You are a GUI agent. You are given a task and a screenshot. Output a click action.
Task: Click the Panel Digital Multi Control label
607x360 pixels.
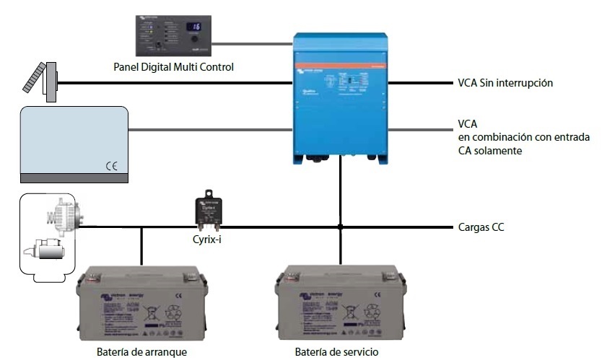pyautogui.click(x=174, y=67)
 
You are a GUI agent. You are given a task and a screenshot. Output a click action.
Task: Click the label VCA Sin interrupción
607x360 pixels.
pyautogui.click(x=505, y=83)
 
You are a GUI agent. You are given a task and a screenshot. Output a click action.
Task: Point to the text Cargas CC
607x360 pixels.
pyautogui.click(x=481, y=227)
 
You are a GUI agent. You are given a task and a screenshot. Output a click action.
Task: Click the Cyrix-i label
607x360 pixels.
pyautogui.click(x=209, y=239)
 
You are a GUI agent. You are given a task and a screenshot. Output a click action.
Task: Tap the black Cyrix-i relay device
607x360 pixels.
pyautogui.click(x=209, y=209)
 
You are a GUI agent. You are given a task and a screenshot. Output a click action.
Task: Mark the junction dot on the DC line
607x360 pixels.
pyautogui.click(x=339, y=227)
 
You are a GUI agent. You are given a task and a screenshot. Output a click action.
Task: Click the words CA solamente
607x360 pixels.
pyautogui.click(x=490, y=151)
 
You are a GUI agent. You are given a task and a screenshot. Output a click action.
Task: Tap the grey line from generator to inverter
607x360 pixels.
pyautogui.click(x=209, y=130)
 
